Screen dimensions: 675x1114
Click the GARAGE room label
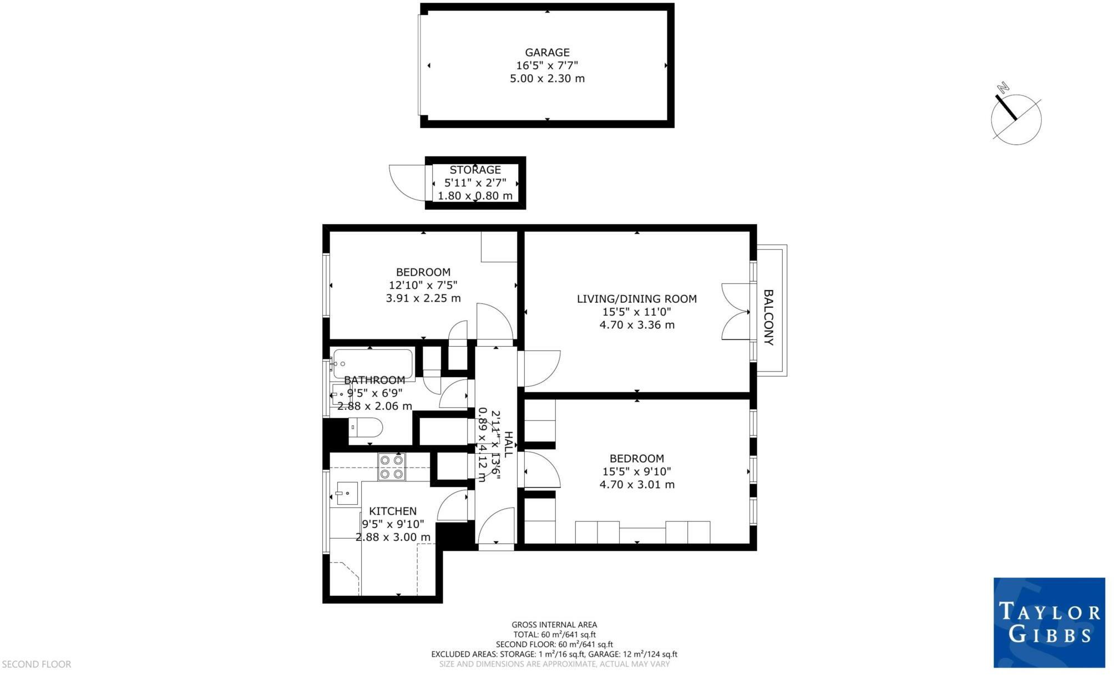pyautogui.click(x=547, y=53)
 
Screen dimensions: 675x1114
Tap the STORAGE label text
pyautogui.click(x=475, y=170)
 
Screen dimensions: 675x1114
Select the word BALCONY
pyautogui.click(x=768, y=317)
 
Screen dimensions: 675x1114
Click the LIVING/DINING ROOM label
pyautogui.click(x=636, y=299)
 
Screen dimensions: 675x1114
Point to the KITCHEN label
pyautogui.click(x=393, y=511)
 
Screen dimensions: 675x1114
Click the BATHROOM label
pyautogui.click(x=374, y=380)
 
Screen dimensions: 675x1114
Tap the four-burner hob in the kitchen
pyautogui.click(x=392, y=467)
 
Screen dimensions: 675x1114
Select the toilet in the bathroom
pyautogui.click(x=366, y=428)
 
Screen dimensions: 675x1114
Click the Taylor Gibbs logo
pyautogui.click(x=1049, y=622)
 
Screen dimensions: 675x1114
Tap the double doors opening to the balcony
pyautogui.click(x=736, y=312)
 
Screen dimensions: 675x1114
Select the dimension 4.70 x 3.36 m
pyautogui.click(x=636, y=325)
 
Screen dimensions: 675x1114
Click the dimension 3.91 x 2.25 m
pyautogui.click(x=423, y=298)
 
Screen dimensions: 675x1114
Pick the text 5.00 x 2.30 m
pyautogui.click(x=547, y=79)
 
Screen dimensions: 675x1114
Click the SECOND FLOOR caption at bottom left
pyautogui.click(x=37, y=664)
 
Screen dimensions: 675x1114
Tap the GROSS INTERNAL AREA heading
pyautogui.click(x=554, y=625)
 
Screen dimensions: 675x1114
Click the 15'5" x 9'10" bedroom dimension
pyautogui.click(x=636, y=472)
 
